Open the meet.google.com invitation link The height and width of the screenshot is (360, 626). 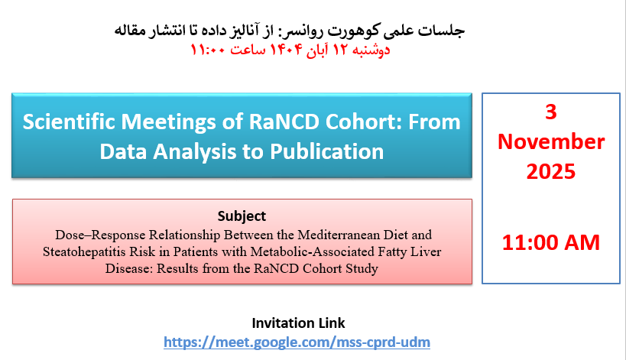click(x=297, y=342)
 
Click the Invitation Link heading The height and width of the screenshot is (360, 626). click(x=298, y=323)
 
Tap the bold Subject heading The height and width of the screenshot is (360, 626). click(x=242, y=216)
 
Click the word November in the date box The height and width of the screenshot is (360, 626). click(x=551, y=141)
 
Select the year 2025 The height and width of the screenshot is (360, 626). click(x=551, y=172)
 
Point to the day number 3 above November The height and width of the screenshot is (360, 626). click(x=551, y=112)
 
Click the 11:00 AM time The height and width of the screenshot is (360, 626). click(x=551, y=242)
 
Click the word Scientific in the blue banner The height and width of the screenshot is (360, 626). click(x=69, y=122)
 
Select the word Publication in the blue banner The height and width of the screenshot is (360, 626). click(x=326, y=151)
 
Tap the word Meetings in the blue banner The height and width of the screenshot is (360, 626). click(x=169, y=122)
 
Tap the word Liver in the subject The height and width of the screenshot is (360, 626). click(x=427, y=251)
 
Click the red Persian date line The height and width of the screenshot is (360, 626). click(x=290, y=50)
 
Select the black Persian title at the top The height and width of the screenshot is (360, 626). click(x=290, y=31)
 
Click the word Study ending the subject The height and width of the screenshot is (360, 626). click(x=362, y=268)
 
